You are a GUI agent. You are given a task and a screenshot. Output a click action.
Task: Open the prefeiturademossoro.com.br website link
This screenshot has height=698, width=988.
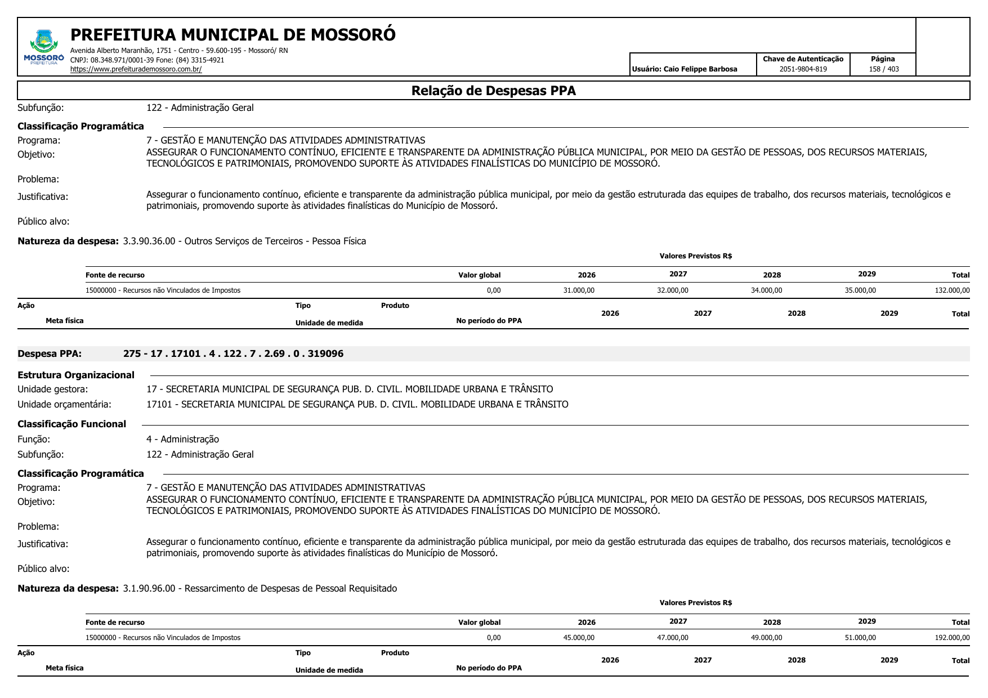click(136, 69)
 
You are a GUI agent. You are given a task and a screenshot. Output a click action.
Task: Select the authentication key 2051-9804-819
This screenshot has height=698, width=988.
click(803, 69)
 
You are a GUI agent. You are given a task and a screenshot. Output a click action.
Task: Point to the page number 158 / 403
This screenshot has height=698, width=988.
click(883, 69)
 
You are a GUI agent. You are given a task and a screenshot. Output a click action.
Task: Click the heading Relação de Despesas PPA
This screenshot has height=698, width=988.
click(493, 91)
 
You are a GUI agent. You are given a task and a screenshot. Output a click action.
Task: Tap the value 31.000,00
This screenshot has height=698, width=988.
click(579, 290)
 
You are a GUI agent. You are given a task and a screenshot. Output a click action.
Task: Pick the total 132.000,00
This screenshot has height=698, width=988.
click(953, 290)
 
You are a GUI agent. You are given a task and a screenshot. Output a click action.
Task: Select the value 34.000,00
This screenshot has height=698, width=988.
click(766, 290)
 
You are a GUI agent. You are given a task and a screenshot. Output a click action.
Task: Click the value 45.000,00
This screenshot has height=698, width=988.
click(579, 638)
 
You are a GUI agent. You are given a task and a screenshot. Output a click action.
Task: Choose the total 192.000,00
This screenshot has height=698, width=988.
click(953, 638)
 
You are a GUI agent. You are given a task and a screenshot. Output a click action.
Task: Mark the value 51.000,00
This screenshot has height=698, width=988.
click(860, 638)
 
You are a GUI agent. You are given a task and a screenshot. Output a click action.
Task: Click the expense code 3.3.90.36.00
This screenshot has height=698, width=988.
click(149, 241)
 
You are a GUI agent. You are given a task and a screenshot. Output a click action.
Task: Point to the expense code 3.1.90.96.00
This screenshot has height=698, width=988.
click(149, 589)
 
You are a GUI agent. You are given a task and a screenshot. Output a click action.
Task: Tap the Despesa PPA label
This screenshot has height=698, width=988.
click(50, 354)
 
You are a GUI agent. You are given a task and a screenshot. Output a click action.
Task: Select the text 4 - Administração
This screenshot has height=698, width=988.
click(182, 439)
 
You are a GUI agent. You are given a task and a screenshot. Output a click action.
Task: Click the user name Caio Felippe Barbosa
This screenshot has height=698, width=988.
click(700, 69)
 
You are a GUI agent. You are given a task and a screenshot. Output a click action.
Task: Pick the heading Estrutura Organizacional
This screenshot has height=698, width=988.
click(76, 375)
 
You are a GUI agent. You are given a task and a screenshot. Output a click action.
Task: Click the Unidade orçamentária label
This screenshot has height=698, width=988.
click(64, 404)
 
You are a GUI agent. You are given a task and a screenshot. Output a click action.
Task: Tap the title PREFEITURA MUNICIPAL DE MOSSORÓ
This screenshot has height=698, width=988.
click(233, 35)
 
